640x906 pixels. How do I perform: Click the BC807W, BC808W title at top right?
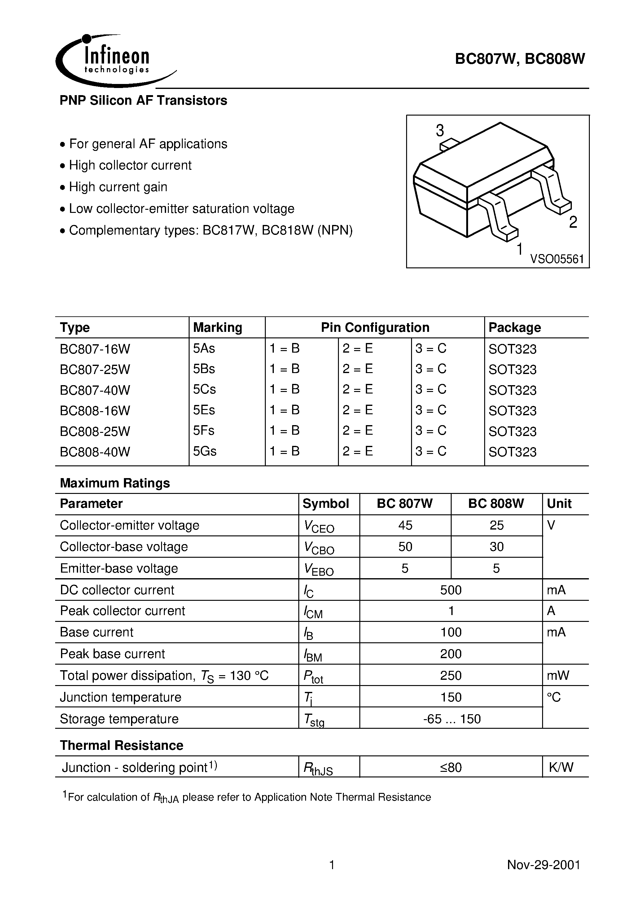click(520, 59)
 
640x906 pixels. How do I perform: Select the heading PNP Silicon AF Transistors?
click(143, 101)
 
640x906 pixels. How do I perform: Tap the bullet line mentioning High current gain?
click(118, 187)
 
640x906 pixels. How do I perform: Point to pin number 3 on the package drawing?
click(440, 131)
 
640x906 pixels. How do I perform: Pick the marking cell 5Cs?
click(204, 389)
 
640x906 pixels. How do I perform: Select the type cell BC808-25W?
click(95, 431)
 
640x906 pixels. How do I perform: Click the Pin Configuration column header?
click(375, 328)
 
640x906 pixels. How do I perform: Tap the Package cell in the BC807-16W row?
click(512, 349)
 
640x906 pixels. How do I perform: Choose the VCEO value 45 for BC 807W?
click(405, 525)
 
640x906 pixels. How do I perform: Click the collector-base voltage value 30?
click(496, 547)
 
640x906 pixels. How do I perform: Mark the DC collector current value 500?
click(451, 590)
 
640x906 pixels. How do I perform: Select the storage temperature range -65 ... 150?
click(451, 719)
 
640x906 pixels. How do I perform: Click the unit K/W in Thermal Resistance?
click(561, 767)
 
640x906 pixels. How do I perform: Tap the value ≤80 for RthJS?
click(451, 767)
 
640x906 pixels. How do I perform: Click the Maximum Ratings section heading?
click(115, 483)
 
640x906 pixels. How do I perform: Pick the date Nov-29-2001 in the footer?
click(543, 865)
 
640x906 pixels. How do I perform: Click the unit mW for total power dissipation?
click(558, 675)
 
